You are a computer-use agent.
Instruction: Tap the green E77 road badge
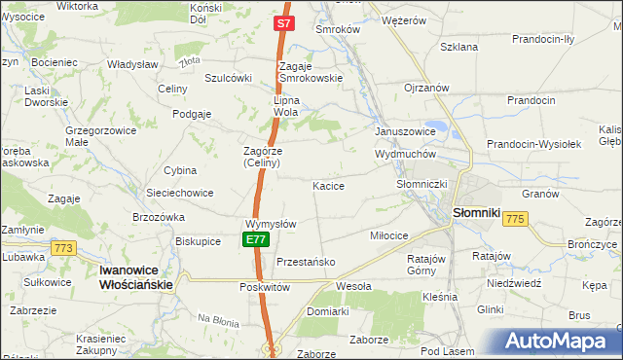click(x=255, y=239)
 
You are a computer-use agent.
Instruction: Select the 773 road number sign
click(x=65, y=248)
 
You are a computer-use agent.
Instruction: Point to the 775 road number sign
click(x=515, y=220)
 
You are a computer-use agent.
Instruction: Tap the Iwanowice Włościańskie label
click(x=136, y=277)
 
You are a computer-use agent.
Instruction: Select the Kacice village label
click(x=328, y=185)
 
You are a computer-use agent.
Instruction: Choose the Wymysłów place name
click(x=270, y=223)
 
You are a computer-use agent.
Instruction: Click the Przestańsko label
click(x=306, y=262)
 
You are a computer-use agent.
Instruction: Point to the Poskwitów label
click(x=265, y=287)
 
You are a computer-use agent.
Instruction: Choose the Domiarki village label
click(x=327, y=311)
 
